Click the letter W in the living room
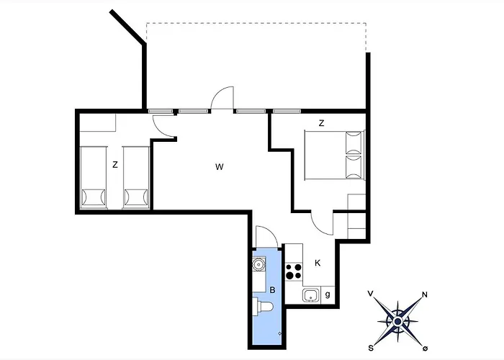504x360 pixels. pyautogui.click(x=220, y=167)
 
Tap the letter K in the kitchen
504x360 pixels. pyautogui.click(x=317, y=264)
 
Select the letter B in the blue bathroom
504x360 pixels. pyautogui.click(x=272, y=290)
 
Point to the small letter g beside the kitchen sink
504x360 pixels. pyautogui.click(x=328, y=294)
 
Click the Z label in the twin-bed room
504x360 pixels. pyautogui.click(x=115, y=165)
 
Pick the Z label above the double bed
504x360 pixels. pyautogui.click(x=321, y=123)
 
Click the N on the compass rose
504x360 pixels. pyautogui.click(x=425, y=294)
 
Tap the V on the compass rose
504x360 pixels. pyautogui.click(x=370, y=294)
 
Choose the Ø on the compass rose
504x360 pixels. pyautogui.click(x=426, y=348)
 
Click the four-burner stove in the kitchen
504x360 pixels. pyautogui.click(x=293, y=271)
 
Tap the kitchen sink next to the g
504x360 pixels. pyautogui.click(x=310, y=294)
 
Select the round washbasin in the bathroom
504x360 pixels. pyautogui.click(x=258, y=266)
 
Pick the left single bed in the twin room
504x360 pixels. pyautogui.click(x=92, y=177)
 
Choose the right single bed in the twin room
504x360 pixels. pyautogui.click(x=135, y=177)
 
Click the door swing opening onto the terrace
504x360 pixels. pyautogui.click(x=223, y=99)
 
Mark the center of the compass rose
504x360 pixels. pyautogui.click(x=397, y=320)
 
